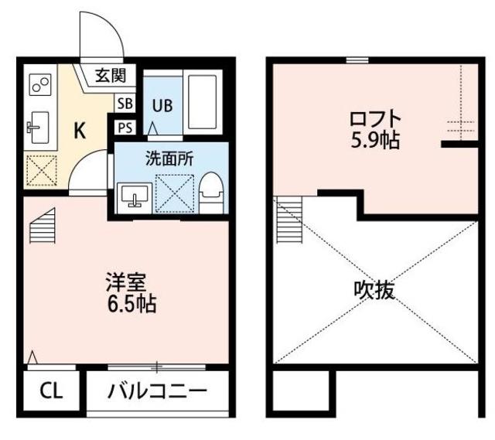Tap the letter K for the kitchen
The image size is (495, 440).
point(80,130)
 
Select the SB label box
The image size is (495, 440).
point(124,103)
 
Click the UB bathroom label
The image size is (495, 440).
point(162,105)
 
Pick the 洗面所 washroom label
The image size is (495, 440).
point(169,158)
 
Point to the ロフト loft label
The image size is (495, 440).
point(375,121)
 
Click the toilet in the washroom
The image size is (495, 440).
point(210,190)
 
